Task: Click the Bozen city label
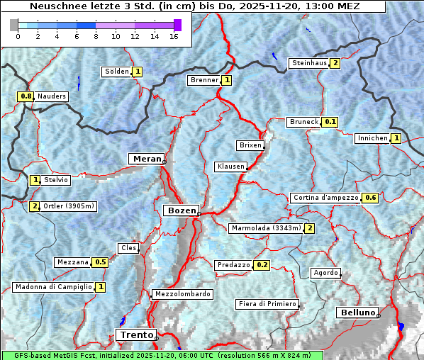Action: pos(181,210)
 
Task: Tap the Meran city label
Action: pos(145,159)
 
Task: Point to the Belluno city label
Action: pos(357,313)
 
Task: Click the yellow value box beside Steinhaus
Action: pos(335,63)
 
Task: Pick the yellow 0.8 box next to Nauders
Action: pos(26,96)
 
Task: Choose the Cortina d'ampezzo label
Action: pos(325,198)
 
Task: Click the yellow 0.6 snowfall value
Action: pos(369,198)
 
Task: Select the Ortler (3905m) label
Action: pos(69,206)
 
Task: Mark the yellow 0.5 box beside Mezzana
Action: pos(100,262)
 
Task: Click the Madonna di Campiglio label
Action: pos(53,287)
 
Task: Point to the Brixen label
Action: pos(250,145)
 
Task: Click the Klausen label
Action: pos(230,167)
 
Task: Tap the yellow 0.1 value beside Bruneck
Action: pos(330,122)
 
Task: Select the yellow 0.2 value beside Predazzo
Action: pos(262,265)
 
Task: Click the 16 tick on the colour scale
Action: pos(174,36)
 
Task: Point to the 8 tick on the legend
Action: pos(96,36)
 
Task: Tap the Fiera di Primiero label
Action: pos(267,304)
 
